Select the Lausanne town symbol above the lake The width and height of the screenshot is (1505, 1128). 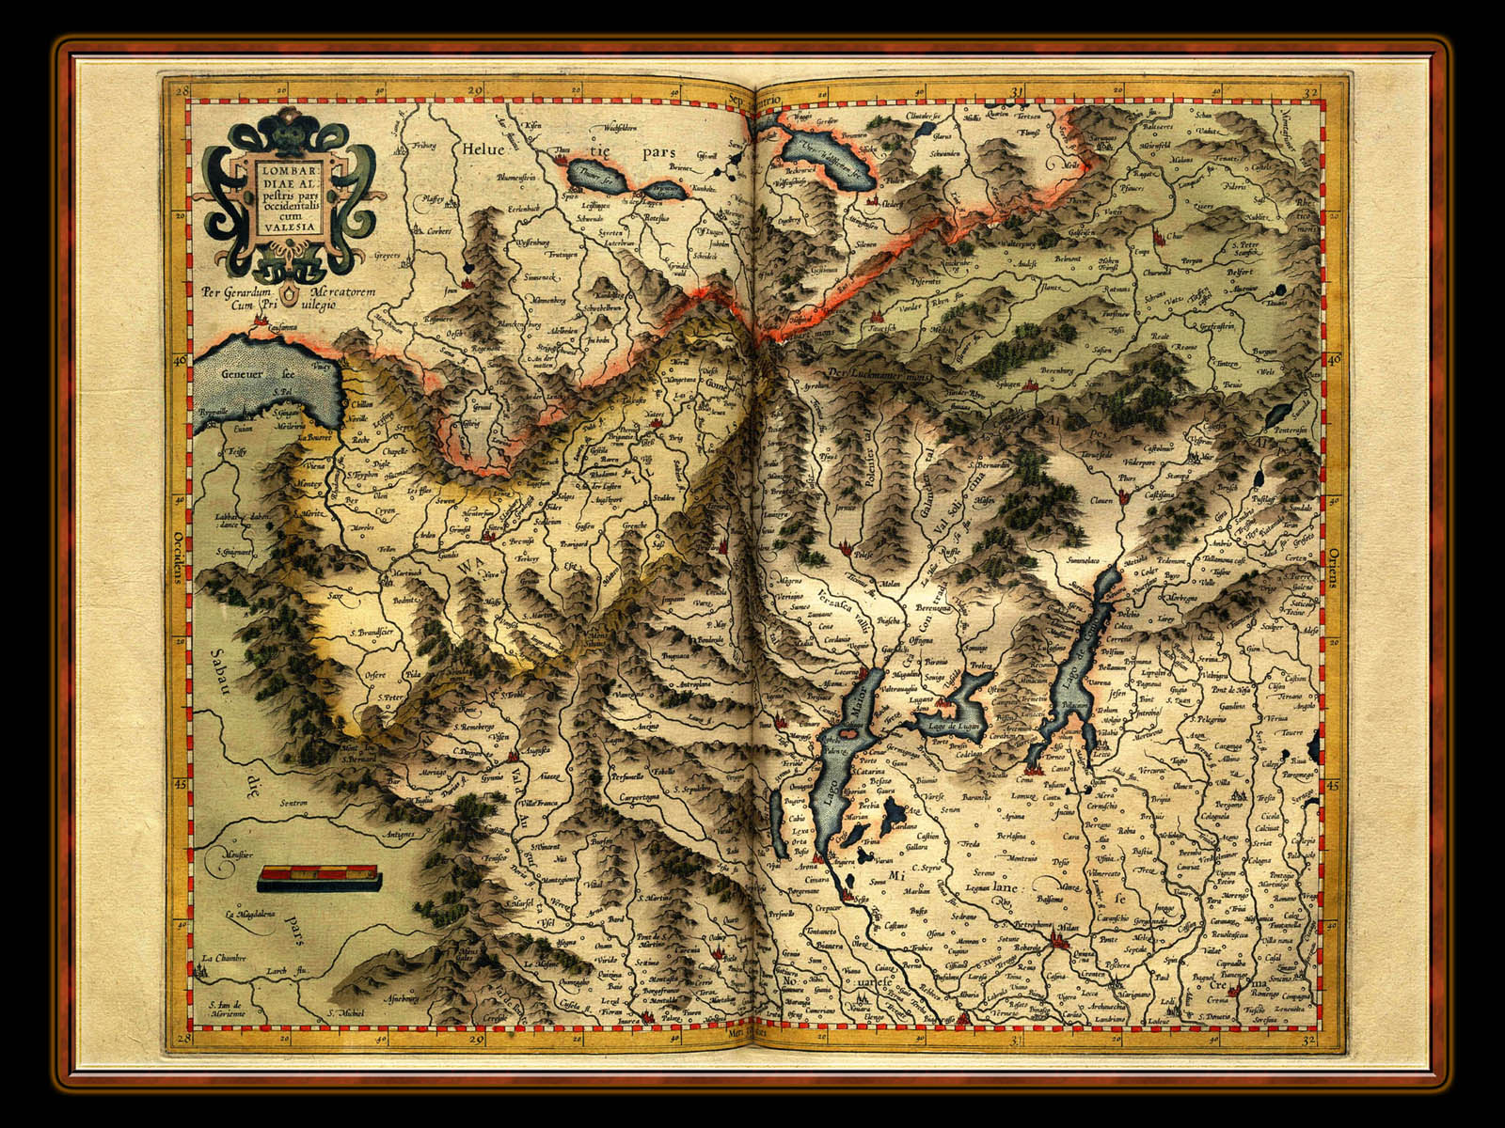261,324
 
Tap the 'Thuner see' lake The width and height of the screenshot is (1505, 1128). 591,176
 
